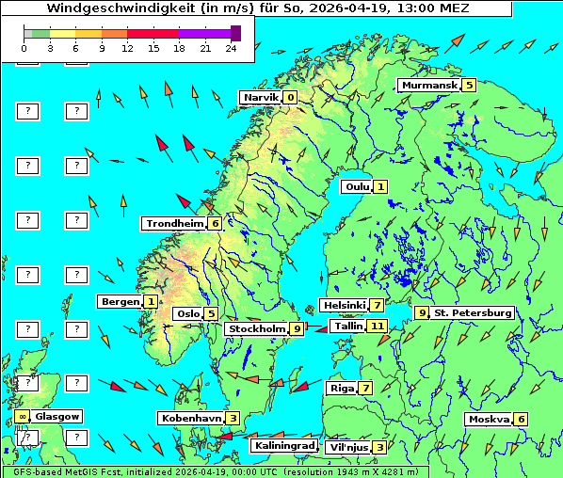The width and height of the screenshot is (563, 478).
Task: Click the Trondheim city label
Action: point(174,224)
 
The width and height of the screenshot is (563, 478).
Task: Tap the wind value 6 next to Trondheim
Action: point(216,224)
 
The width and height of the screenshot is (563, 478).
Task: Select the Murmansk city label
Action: point(428,86)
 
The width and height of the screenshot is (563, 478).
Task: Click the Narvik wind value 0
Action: point(290,98)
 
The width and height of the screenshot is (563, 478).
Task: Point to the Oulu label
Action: point(356,187)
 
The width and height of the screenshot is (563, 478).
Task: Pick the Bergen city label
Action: point(120,302)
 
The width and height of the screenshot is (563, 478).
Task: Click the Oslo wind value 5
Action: point(212,314)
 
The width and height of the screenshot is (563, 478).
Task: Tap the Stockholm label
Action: point(257,328)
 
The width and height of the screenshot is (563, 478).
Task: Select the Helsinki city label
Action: point(343,306)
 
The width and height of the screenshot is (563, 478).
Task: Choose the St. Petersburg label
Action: point(473,312)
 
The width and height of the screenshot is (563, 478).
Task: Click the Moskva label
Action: point(489,420)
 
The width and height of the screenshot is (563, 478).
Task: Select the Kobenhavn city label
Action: point(191,418)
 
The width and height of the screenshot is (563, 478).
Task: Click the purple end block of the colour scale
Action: point(235,33)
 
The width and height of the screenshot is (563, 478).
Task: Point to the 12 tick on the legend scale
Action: point(126,48)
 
